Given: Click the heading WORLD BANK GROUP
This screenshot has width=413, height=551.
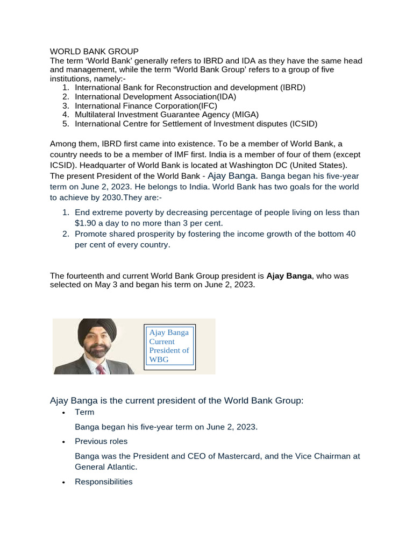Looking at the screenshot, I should [x=94, y=51].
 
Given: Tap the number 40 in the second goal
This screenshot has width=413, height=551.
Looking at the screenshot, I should [x=350, y=234].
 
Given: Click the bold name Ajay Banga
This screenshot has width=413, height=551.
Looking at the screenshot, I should [x=289, y=275].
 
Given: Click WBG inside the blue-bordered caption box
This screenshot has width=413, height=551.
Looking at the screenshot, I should [x=159, y=359].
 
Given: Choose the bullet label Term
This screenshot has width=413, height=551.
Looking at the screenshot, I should [x=84, y=412].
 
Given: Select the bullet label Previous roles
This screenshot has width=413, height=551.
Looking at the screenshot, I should [x=101, y=441].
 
